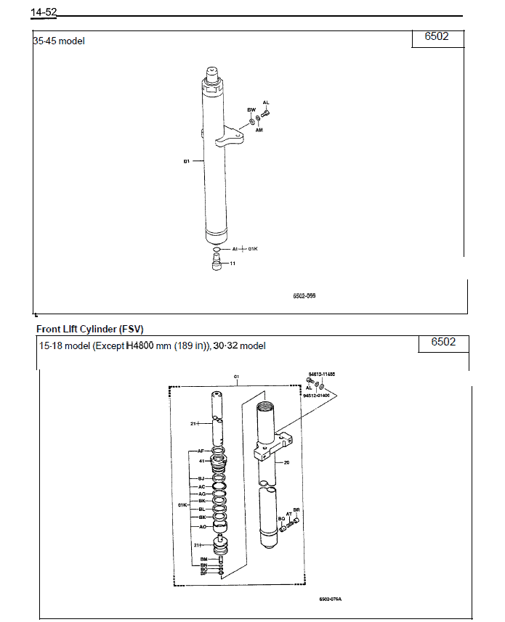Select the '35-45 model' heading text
click(59, 41)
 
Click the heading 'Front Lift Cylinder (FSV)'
click(94, 329)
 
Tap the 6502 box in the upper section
click(437, 37)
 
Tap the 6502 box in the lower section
click(443, 342)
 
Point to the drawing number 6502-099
click(304, 296)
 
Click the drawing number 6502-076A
click(330, 600)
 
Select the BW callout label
click(251, 110)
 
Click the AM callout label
click(259, 130)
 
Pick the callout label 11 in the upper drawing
click(233, 263)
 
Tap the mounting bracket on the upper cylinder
click(231, 136)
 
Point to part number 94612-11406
click(320, 374)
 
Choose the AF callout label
click(201, 451)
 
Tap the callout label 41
click(201, 461)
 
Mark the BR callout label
click(296, 510)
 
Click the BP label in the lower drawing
click(203, 573)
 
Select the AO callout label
click(203, 526)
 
